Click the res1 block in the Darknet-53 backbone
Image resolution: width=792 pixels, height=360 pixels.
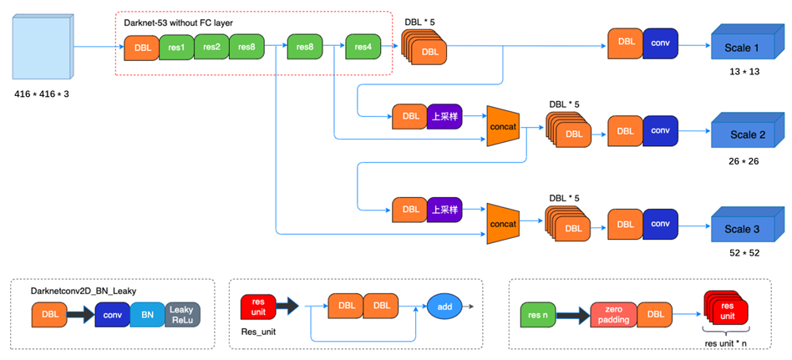(x=176, y=48)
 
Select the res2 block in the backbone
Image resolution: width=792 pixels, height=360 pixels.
(x=211, y=48)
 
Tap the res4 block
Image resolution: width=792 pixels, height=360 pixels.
(x=363, y=48)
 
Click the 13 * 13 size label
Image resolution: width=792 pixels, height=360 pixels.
(x=744, y=72)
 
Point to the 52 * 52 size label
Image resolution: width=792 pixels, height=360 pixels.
(x=744, y=252)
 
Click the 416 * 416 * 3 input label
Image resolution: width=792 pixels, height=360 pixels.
(x=42, y=94)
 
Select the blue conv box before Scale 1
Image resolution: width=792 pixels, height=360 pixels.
(x=660, y=42)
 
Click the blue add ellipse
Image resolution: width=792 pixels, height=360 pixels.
(x=444, y=307)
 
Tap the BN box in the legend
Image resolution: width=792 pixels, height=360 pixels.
(x=147, y=315)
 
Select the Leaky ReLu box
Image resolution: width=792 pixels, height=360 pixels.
(x=182, y=315)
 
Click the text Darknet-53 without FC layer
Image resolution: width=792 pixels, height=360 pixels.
(x=178, y=23)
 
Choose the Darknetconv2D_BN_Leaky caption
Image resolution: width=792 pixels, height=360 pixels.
(x=84, y=291)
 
